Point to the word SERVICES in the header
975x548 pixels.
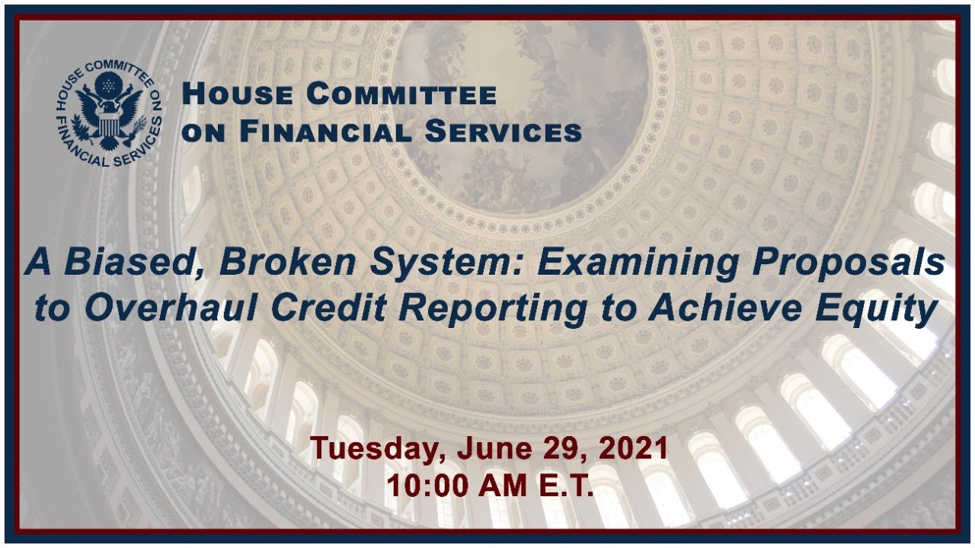click(x=503, y=132)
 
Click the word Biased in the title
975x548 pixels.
click(x=131, y=263)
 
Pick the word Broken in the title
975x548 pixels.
click(x=288, y=262)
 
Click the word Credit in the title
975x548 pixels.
click(x=328, y=307)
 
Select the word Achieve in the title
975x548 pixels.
click(x=724, y=307)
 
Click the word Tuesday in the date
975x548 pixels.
click(x=378, y=449)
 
